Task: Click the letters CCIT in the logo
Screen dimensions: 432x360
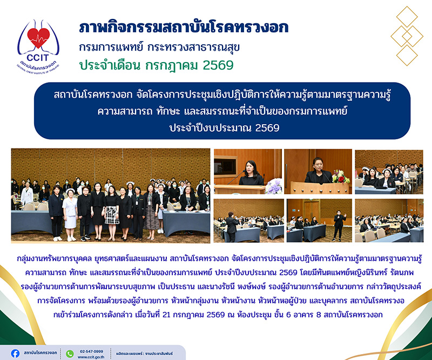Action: coord(38,58)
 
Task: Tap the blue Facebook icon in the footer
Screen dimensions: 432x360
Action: coord(16,354)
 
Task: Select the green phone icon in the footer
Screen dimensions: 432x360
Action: coord(70,354)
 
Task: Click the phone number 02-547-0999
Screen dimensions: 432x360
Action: coord(91,351)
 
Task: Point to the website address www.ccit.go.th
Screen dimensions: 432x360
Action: coord(91,357)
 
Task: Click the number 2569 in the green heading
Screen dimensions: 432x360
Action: coord(218,65)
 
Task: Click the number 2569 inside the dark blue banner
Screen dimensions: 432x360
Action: coord(267,128)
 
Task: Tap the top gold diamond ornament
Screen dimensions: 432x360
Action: coord(407,17)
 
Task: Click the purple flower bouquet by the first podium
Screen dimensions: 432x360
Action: coord(274,186)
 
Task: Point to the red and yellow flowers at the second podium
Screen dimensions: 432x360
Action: coord(341,176)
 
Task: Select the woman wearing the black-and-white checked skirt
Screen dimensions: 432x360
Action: coord(112,213)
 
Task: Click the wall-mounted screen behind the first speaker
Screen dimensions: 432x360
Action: coord(225,166)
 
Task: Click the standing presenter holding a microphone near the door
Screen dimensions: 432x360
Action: coord(339,225)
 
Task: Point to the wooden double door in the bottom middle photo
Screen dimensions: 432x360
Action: coord(312,210)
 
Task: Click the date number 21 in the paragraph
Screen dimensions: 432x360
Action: coord(166,315)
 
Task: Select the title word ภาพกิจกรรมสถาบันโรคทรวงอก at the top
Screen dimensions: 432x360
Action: coord(184,28)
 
